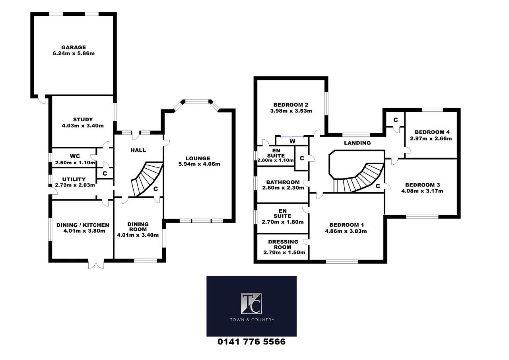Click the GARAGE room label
pyautogui.click(x=74, y=47)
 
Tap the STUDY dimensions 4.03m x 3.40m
pyautogui.click(x=83, y=125)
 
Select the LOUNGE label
pyautogui.click(x=198, y=158)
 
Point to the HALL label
pyautogui.click(x=138, y=150)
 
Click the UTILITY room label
pyautogui.click(x=74, y=179)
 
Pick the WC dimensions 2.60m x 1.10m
pyautogui.click(x=75, y=163)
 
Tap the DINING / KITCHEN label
pyautogui.click(x=83, y=225)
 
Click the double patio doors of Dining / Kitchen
pyautogui.click(x=96, y=263)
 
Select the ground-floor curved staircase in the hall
pyautogui.click(x=147, y=179)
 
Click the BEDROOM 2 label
pyautogui.click(x=291, y=105)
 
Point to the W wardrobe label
pyautogui.click(x=292, y=141)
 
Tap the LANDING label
pyautogui.click(x=357, y=143)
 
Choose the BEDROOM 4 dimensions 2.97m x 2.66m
pyautogui.click(x=431, y=138)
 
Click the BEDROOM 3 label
pyautogui.click(x=422, y=185)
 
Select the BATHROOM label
pyautogui.click(x=283, y=182)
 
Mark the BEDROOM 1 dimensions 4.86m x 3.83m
pyautogui.click(x=346, y=231)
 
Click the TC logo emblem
pyautogui.click(x=251, y=303)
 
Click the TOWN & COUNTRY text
pyautogui.click(x=252, y=320)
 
